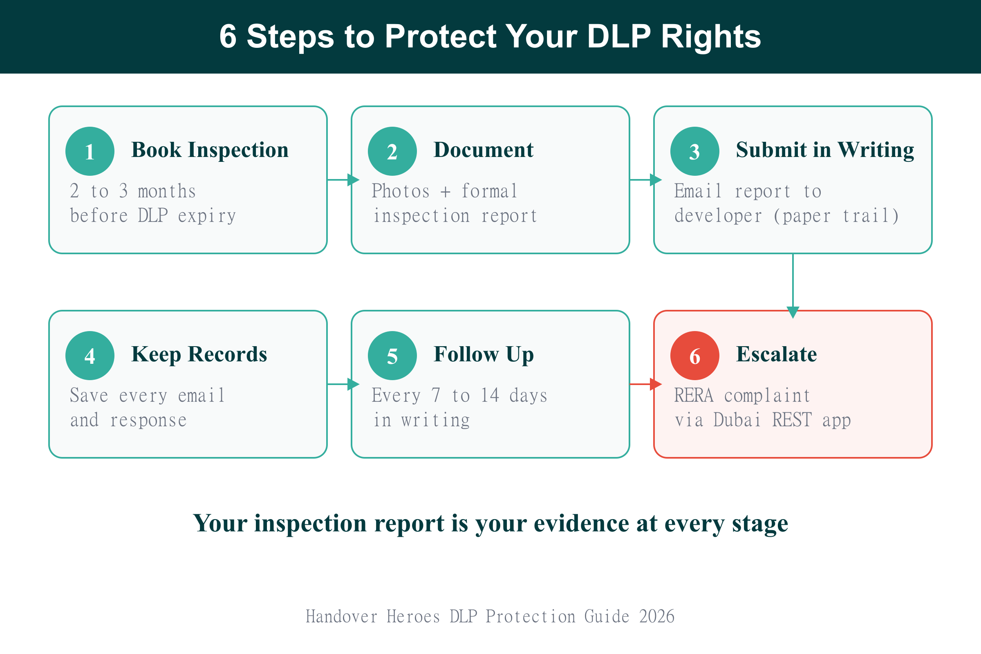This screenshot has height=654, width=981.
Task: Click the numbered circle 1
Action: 90,151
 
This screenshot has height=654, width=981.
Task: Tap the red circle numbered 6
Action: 694,356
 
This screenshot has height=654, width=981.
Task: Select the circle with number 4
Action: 90,356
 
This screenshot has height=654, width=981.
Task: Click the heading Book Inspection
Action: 210,150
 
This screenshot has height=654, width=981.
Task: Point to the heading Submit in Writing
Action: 824,150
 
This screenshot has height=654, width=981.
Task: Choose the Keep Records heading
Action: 199,354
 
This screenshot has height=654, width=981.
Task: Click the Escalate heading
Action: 776,354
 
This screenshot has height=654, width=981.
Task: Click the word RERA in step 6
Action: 694,395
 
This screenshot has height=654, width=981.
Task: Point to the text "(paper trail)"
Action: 836,216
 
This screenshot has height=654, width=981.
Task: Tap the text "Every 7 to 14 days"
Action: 459,395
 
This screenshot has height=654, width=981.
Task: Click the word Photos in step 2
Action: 401,191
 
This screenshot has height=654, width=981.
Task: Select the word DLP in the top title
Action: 618,36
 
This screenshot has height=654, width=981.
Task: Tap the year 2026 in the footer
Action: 656,616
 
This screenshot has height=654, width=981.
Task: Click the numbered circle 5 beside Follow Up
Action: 392,356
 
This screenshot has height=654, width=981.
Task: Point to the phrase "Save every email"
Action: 147,395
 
